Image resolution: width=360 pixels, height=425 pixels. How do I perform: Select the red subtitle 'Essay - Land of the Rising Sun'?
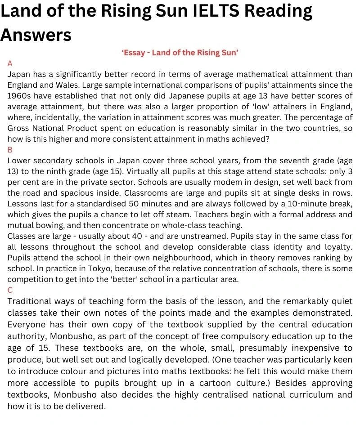[180, 53]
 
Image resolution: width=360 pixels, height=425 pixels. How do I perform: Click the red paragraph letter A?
[10, 63]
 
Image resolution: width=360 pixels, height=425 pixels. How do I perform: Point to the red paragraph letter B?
[10, 150]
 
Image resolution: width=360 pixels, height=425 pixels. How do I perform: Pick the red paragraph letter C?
[10, 290]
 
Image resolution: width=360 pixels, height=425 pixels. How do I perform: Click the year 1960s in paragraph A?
[19, 96]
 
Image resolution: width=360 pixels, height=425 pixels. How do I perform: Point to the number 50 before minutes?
[137, 204]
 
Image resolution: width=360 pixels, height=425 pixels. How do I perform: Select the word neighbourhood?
[139, 258]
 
